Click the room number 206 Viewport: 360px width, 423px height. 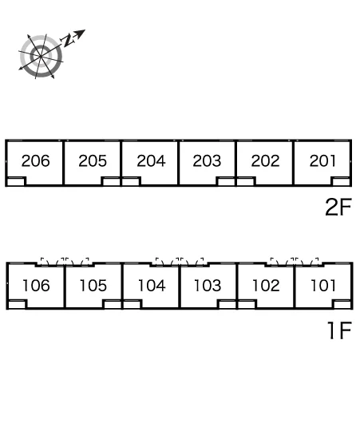point(36,160)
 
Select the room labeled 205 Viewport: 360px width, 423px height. point(93,160)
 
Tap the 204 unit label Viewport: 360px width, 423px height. point(151,160)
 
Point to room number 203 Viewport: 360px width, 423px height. point(207,160)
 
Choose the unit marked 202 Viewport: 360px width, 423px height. point(265,160)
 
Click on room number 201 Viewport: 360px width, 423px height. point(322,160)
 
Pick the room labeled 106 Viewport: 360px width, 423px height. point(37,286)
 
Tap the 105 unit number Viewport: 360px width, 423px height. point(93,286)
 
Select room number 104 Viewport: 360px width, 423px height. point(152,286)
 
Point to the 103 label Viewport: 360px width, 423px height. point(208,286)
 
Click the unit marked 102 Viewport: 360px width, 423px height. point(266,286)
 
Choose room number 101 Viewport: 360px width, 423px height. point(323,286)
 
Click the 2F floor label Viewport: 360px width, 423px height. point(338,207)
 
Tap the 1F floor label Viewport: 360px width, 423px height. point(339,330)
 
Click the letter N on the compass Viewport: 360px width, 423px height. point(68,40)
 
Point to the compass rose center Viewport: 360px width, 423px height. point(41,57)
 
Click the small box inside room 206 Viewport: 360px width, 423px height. point(16,181)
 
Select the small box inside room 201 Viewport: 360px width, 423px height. point(341,181)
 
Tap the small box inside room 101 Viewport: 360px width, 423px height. point(342,304)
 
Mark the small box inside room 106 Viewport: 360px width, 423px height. point(17,304)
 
